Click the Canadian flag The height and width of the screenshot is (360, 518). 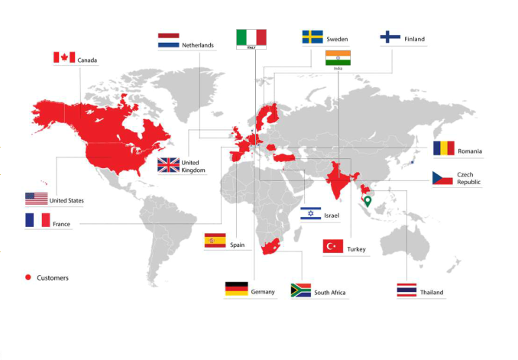pyautogui.click(x=64, y=57)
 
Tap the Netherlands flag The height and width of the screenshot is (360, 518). pyautogui.click(x=168, y=41)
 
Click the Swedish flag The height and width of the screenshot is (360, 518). pyautogui.click(x=312, y=37)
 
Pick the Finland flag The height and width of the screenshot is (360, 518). pyautogui.click(x=390, y=37)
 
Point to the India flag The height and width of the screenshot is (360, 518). pyautogui.click(x=338, y=58)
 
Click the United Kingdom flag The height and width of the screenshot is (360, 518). pyautogui.click(x=168, y=165)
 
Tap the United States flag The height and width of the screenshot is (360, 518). pyautogui.click(x=36, y=199)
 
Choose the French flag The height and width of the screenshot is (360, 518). pyautogui.click(x=37, y=220)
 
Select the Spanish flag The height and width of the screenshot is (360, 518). pyautogui.click(x=215, y=242)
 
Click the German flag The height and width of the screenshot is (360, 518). pyautogui.click(x=236, y=289)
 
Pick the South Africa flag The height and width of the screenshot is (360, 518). pyautogui.click(x=301, y=290)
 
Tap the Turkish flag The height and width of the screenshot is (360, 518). pyautogui.click(x=332, y=246)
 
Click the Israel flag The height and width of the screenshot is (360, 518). pyautogui.click(x=310, y=213)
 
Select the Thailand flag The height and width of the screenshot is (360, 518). pyautogui.click(x=406, y=290)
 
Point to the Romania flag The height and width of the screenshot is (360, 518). pyautogui.click(x=443, y=148)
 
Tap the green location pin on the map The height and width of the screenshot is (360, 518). pyautogui.click(x=367, y=203)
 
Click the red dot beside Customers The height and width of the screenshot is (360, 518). pyautogui.click(x=28, y=277)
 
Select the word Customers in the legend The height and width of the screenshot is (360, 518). pyautogui.click(x=53, y=277)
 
